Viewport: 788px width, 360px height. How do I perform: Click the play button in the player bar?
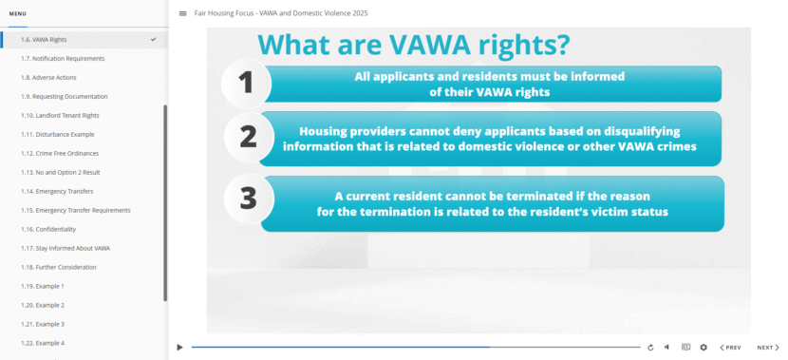[x=179, y=348]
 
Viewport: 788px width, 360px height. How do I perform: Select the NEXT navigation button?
[x=768, y=348]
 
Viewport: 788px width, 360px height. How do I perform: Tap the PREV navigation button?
[x=730, y=348]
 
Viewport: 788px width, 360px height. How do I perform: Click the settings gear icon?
[x=704, y=348]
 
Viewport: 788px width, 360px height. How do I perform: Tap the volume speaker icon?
[x=666, y=348]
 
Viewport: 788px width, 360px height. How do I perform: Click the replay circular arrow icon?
[x=650, y=348]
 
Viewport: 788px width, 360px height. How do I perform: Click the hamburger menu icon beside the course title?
[x=182, y=13]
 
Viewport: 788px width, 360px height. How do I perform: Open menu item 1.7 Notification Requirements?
[x=63, y=59]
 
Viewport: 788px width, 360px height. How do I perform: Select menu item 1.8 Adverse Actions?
[x=48, y=78]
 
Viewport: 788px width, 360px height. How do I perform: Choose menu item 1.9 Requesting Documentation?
[x=64, y=97]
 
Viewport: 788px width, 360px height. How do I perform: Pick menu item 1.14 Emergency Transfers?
[x=59, y=192]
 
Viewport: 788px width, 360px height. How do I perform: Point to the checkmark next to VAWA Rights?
[x=153, y=40]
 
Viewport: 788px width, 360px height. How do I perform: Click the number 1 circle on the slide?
[x=247, y=83]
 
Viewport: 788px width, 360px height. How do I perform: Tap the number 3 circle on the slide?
[x=248, y=198]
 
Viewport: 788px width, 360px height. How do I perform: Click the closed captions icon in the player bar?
[x=685, y=348]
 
